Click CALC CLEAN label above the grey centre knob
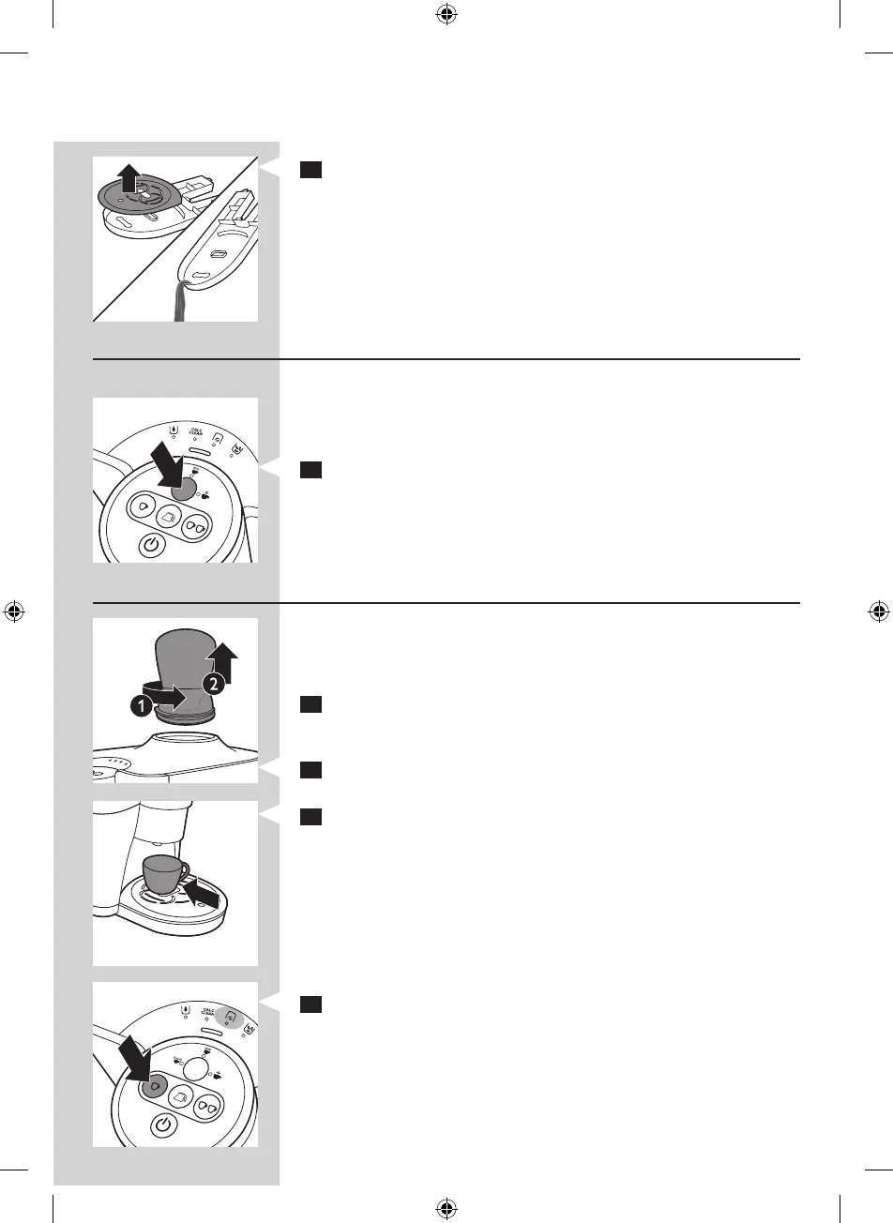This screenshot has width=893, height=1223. [x=196, y=432]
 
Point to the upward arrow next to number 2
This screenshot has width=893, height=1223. [x=223, y=659]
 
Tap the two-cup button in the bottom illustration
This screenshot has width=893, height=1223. [x=210, y=1109]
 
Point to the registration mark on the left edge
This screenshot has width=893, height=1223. [x=14, y=611]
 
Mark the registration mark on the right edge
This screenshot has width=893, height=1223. [x=879, y=611]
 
